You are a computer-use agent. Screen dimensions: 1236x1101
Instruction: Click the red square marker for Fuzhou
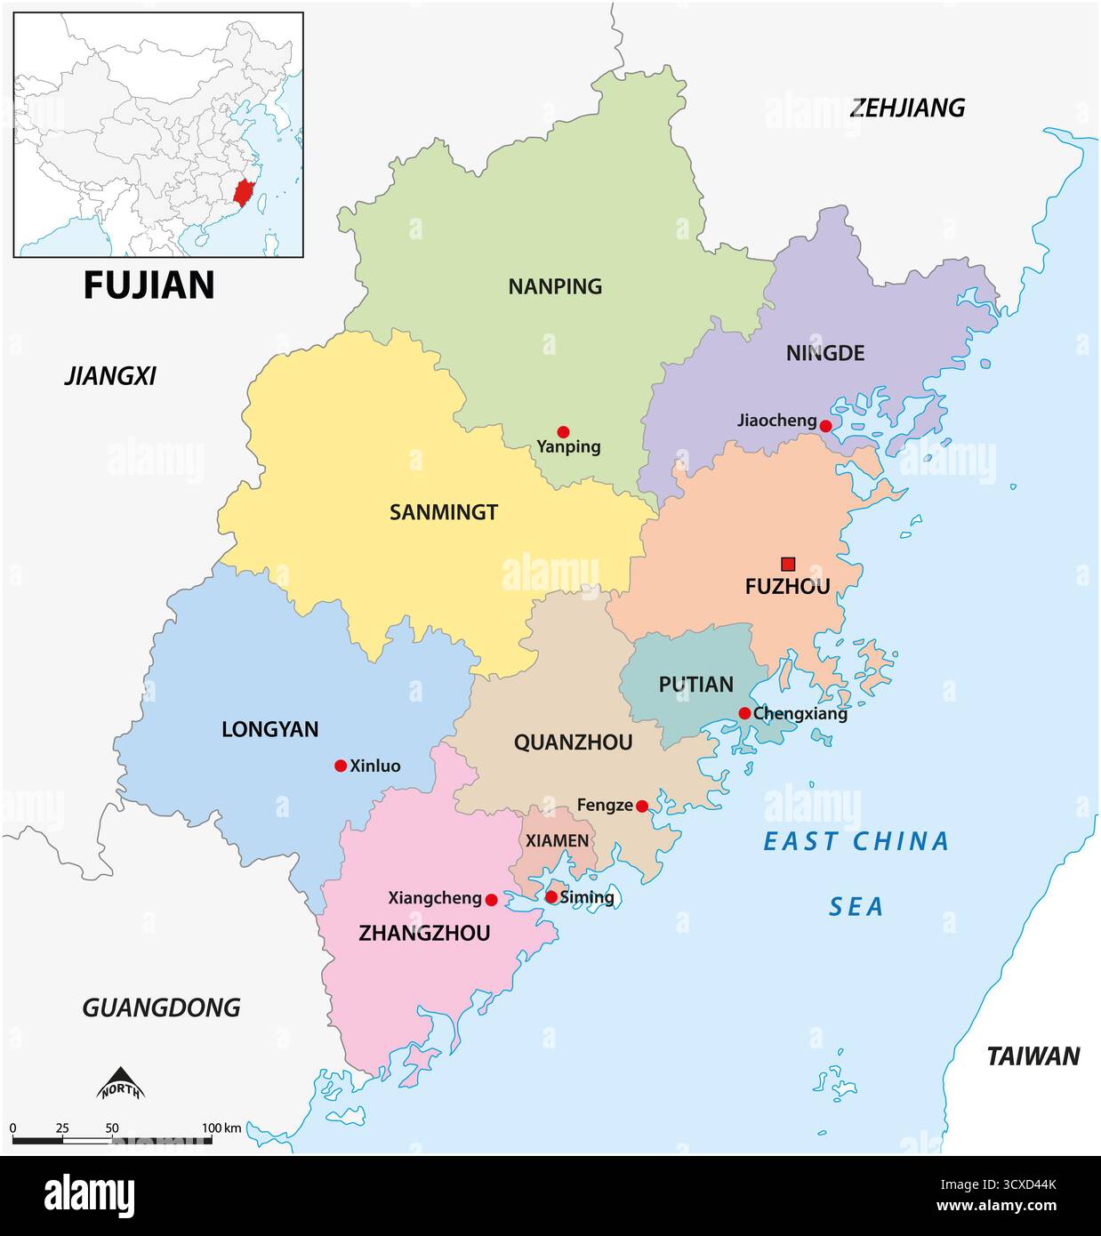pyautogui.click(x=788, y=563)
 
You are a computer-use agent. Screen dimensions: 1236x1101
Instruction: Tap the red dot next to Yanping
pyautogui.click(x=563, y=431)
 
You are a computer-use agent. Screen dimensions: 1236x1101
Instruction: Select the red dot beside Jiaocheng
pyautogui.click(x=825, y=426)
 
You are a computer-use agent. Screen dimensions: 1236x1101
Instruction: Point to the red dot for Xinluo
pyautogui.click(x=340, y=766)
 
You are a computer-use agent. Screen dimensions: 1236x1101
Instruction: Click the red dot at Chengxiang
pyautogui.click(x=744, y=713)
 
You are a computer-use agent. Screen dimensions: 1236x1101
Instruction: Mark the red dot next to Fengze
pyautogui.click(x=642, y=807)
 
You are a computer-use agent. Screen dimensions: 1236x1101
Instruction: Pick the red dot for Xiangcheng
pyautogui.click(x=491, y=900)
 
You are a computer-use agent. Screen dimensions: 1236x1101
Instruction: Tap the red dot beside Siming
pyautogui.click(x=551, y=897)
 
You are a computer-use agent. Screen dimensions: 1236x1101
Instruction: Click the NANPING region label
pyautogui.click(x=555, y=286)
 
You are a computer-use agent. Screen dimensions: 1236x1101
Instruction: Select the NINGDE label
pyautogui.click(x=824, y=353)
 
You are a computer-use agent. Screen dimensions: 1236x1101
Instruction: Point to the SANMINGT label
pyautogui.click(x=444, y=512)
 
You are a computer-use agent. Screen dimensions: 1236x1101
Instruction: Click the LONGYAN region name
pyautogui.click(x=269, y=729)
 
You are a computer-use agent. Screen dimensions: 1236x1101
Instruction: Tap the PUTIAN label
pyautogui.click(x=695, y=685)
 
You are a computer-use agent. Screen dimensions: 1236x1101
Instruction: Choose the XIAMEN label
pyautogui.click(x=557, y=840)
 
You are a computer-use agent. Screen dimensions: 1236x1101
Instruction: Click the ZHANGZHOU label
pyautogui.click(x=424, y=933)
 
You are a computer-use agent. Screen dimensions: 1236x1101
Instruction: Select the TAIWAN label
pyautogui.click(x=1033, y=1056)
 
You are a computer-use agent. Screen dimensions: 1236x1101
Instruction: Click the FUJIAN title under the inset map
pyautogui.click(x=149, y=285)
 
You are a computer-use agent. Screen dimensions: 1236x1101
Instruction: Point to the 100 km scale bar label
pyautogui.click(x=221, y=1128)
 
